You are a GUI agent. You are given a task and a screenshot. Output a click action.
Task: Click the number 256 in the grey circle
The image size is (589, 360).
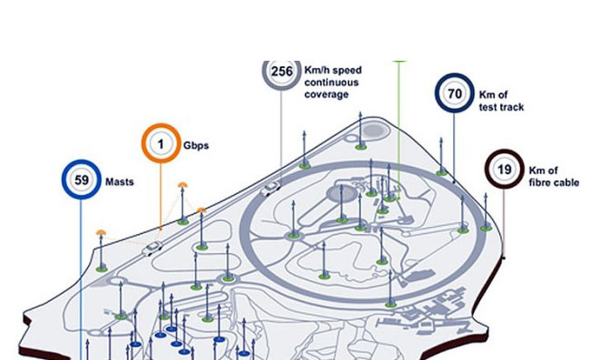pos(282,73)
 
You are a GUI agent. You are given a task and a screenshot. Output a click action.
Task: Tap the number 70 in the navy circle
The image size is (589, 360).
pos(454,93)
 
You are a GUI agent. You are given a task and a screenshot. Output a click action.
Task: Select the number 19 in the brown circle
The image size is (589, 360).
pos(506,170)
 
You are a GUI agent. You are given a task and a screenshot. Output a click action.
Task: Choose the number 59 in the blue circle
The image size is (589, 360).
pos(81,180)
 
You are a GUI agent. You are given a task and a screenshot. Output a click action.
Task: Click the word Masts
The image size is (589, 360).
pos(120,181)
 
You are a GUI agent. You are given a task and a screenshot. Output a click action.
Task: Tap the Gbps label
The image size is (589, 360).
pos(197,145)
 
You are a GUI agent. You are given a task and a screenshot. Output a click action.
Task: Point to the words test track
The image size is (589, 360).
pos(502,107)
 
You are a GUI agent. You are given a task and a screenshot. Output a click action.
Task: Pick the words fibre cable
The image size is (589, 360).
pos(554,183)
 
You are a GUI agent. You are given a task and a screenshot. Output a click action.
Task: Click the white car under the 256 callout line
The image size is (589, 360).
pos(270,189)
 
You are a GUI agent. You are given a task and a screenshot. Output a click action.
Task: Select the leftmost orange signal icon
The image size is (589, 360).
pos(101,233)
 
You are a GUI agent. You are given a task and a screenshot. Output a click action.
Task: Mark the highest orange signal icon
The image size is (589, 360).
pos(183,184)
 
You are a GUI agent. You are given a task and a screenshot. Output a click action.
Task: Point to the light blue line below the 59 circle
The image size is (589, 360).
pos(82,272)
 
